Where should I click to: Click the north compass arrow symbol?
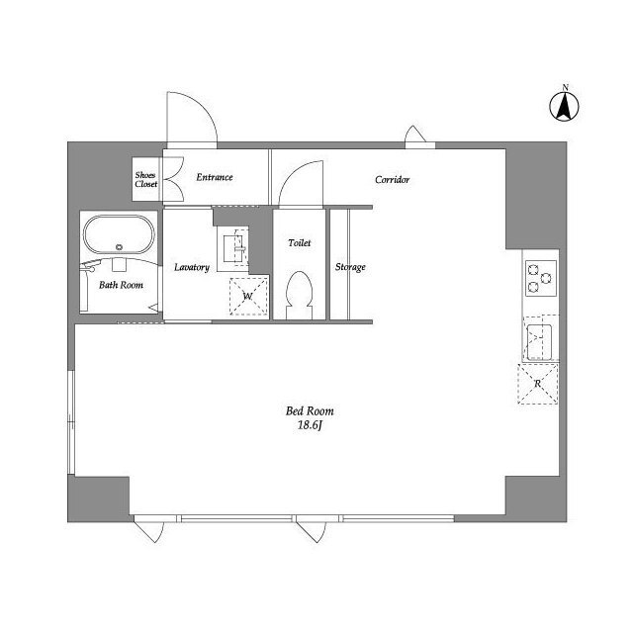click(564, 107)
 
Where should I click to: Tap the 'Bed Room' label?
click(310, 411)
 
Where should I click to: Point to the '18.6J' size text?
click(310, 425)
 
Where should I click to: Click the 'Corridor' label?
click(392, 180)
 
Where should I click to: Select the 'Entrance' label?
click(215, 177)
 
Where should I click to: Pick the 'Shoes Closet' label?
click(145, 180)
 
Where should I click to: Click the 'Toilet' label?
click(300, 243)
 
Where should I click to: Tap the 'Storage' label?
click(350, 267)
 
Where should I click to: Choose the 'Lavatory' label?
click(192, 268)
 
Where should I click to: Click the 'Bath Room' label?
click(121, 285)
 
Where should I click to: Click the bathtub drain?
click(119, 246)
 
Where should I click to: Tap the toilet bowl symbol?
click(299, 295)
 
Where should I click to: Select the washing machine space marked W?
click(248, 297)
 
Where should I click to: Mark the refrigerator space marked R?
click(538, 384)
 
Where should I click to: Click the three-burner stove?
click(541, 278)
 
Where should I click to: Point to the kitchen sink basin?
click(539, 341)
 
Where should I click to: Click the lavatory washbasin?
click(234, 248)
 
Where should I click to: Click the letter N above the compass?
click(566, 87)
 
